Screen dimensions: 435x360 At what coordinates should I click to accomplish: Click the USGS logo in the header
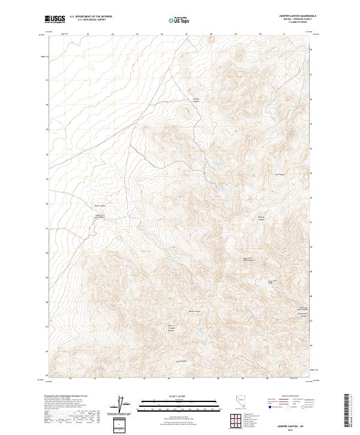tap(55, 19)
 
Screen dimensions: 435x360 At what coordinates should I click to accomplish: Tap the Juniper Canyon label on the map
tap(196, 100)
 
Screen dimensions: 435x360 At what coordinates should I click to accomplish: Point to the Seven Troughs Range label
tap(171, 329)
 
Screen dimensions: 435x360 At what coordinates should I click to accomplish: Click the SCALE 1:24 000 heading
tap(179, 397)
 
